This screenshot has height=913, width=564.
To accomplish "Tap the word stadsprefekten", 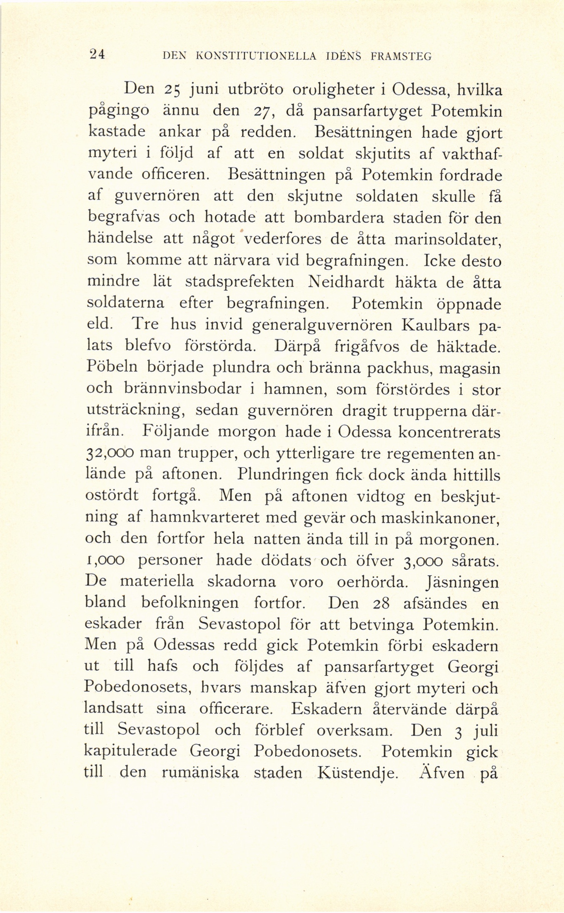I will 239,282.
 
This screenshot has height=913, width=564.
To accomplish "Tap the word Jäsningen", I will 461,582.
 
